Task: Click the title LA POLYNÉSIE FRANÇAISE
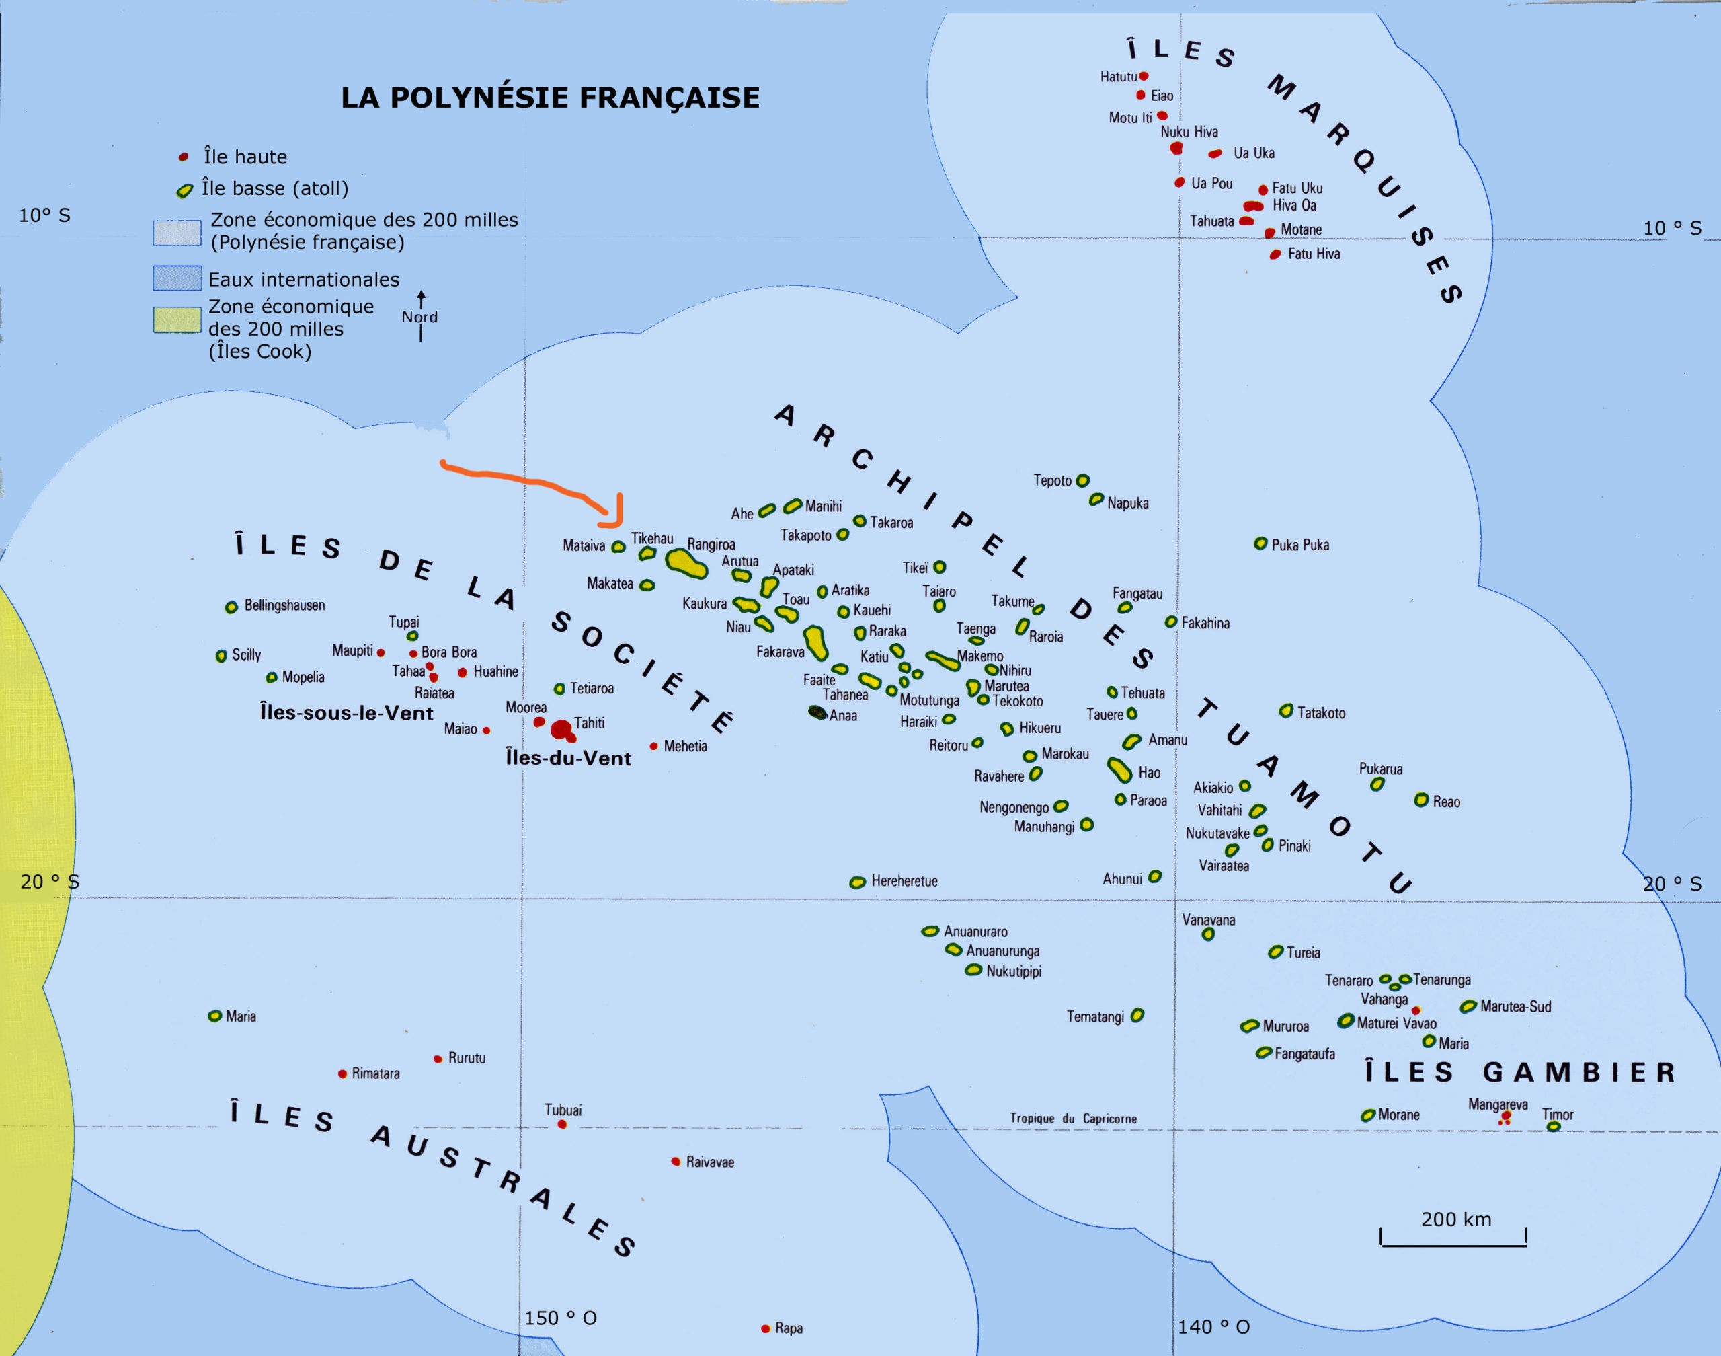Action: click(550, 97)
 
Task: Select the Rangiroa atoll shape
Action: click(686, 563)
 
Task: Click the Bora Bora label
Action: click(449, 652)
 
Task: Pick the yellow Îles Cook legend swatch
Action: click(177, 319)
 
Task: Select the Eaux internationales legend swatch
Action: click(177, 278)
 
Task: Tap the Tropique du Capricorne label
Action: click(1073, 1119)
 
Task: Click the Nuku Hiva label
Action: click(1189, 132)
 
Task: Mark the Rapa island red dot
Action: click(766, 1329)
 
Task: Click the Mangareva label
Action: click(1497, 1104)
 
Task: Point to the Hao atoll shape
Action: click(1119, 769)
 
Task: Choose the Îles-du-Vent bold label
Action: click(568, 758)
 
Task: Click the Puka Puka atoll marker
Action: click(1260, 544)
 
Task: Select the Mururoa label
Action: click(1285, 1026)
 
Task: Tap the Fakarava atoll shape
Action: click(815, 642)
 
